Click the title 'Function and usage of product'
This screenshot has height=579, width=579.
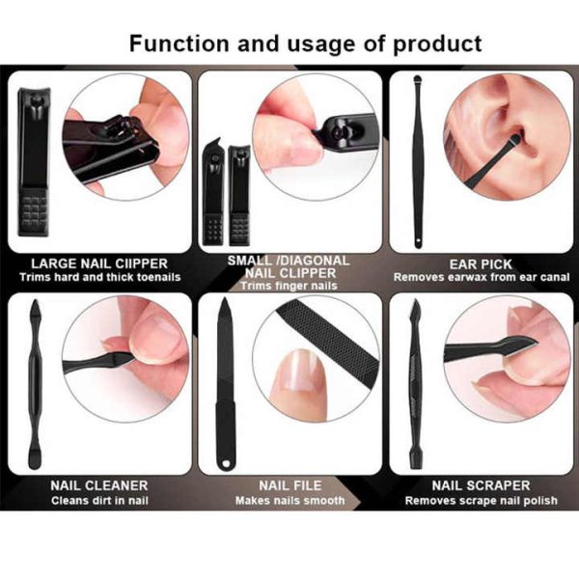(305, 43)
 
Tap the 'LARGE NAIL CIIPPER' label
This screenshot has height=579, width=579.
(99, 262)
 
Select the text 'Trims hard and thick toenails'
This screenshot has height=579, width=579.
(99, 278)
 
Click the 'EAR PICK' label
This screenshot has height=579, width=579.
(481, 262)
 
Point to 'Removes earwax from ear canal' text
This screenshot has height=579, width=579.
(481, 278)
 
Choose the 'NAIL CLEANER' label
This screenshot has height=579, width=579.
(98, 485)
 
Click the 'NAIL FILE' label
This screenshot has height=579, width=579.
(289, 485)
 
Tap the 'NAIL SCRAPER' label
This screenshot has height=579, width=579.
(481, 485)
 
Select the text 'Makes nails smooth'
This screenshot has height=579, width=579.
(289, 501)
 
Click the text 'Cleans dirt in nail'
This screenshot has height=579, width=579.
(98, 501)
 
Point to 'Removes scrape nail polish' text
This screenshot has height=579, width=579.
(481, 501)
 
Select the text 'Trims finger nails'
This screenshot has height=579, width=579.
(289, 286)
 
